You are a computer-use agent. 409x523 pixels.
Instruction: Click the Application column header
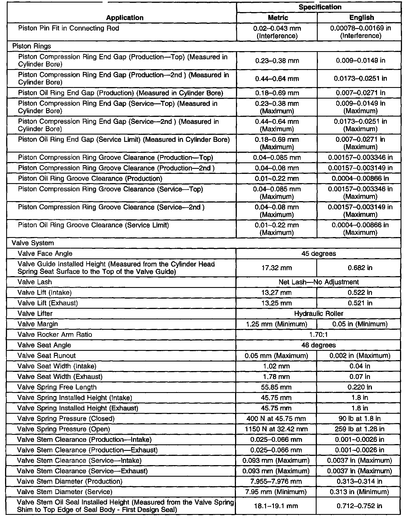[125, 18]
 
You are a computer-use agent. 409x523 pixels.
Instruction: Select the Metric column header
[278, 18]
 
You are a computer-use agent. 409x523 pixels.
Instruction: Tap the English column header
[362, 18]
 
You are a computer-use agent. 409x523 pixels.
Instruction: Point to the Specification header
[320, 7]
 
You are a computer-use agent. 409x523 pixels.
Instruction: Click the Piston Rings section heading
[31, 46]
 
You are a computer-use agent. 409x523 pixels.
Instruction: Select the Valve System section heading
[33, 243]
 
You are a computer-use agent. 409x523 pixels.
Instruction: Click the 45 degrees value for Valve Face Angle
[319, 254]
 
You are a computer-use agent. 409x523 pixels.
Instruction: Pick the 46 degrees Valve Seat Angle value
[319, 345]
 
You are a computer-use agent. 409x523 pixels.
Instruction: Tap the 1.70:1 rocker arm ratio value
[319, 335]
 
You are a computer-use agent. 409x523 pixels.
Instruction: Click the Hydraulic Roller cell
[319, 313]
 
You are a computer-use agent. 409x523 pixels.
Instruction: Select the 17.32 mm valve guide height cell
[277, 268]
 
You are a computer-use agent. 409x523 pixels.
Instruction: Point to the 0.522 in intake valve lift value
[360, 293]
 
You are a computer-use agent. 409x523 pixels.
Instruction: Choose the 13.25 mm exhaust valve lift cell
[276, 303]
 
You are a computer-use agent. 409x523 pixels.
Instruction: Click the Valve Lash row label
[35, 282]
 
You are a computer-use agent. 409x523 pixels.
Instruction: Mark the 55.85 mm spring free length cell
[276, 387]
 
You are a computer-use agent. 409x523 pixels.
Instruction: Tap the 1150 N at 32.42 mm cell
[276, 429]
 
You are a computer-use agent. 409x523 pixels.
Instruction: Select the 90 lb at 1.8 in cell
[360, 419]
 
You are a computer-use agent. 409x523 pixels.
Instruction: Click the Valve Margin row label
[38, 324]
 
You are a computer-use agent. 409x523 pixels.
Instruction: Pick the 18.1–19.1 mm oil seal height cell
[276, 506]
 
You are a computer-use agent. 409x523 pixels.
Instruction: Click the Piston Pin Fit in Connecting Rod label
[69, 28]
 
